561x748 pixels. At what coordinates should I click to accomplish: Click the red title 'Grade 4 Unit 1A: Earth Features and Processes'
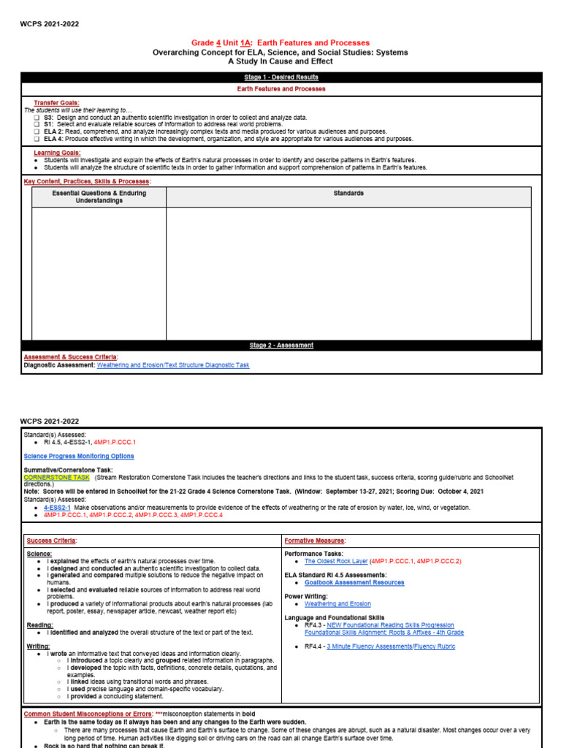(280, 43)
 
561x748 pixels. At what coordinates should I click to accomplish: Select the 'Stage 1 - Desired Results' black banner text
(281, 77)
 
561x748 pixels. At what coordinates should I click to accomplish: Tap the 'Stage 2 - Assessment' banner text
(281, 345)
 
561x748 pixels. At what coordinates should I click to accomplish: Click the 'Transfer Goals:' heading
(56, 103)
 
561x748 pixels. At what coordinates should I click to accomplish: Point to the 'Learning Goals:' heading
(57, 153)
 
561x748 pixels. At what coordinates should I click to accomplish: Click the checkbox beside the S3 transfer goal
(37, 117)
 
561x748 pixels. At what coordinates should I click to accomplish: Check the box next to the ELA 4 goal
(37, 138)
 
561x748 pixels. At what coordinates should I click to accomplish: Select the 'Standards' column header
(348, 194)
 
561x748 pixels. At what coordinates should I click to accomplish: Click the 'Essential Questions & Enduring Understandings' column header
(99, 197)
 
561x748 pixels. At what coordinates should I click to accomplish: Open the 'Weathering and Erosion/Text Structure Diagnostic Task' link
(172, 365)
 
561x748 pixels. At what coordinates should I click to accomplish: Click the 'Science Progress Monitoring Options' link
(79, 456)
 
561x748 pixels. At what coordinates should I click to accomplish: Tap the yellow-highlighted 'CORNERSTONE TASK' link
(57, 477)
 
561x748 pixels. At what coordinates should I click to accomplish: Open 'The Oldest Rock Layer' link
(336, 561)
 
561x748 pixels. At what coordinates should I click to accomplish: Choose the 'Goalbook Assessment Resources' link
(354, 582)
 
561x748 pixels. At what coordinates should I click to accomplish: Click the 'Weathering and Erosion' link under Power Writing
(337, 604)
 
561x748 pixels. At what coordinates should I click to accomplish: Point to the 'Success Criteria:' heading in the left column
(52, 541)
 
